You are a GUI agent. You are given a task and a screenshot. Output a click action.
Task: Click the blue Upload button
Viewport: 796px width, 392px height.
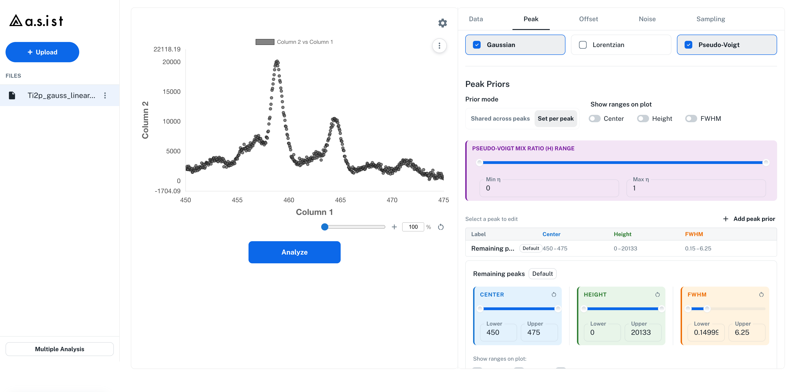(42, 52)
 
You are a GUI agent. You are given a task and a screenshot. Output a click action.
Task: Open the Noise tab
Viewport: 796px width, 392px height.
(647, 19)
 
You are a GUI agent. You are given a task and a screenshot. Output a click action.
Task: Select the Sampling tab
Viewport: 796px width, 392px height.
(710, 19)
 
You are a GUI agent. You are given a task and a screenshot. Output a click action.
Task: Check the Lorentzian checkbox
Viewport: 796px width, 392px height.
(583, 45)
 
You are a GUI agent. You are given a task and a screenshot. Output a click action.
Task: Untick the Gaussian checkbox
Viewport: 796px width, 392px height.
(477, 45)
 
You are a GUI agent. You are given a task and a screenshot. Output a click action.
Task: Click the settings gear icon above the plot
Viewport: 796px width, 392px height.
(442, 23)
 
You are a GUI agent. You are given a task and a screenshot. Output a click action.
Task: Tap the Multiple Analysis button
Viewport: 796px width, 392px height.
(60, 349)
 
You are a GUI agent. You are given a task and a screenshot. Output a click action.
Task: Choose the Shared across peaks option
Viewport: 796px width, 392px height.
(500, 119)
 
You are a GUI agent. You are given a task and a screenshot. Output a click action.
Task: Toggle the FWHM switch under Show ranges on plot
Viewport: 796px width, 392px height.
(691, 119)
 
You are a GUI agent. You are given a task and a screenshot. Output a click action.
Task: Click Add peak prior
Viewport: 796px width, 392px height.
(749, 219)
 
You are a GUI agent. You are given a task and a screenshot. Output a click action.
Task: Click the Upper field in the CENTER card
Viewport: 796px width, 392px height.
(539, 332)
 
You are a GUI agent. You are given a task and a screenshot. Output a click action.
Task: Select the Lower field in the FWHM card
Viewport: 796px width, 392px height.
(706, 332)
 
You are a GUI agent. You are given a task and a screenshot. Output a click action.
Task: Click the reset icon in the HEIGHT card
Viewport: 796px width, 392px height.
(657, 294)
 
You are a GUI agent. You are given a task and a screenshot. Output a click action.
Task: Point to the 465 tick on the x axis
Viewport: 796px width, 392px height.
(340, 200)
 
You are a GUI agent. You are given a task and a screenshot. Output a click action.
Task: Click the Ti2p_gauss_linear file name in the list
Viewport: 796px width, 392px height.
(61, 95)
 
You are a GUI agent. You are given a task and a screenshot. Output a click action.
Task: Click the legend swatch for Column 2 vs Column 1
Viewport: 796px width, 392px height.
(265, 42)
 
